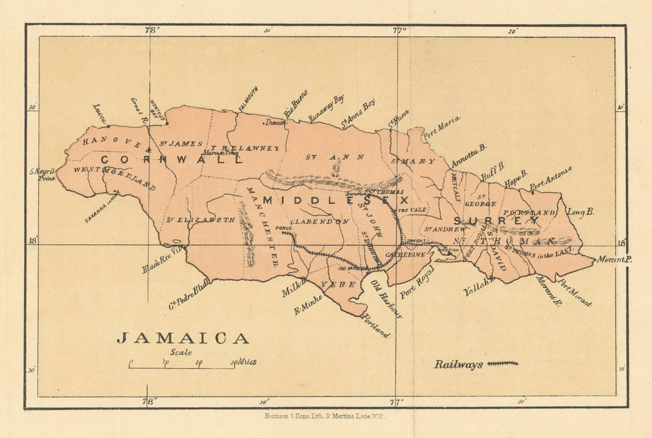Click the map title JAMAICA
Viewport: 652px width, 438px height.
point(183,338)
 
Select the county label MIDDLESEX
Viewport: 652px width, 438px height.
point(336,200)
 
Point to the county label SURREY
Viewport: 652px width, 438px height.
point(496,221)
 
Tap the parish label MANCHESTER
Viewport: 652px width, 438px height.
point(262,226)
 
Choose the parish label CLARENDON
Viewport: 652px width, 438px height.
point(319,222)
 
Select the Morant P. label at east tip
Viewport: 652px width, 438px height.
point(615,260)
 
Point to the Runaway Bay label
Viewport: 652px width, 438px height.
point(326,109)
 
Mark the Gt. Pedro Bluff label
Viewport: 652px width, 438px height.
point(190,295)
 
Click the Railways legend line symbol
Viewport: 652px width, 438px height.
point(503,363)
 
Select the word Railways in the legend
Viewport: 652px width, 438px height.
point(458,365)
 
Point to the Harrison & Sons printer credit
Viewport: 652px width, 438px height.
point(325,416)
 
